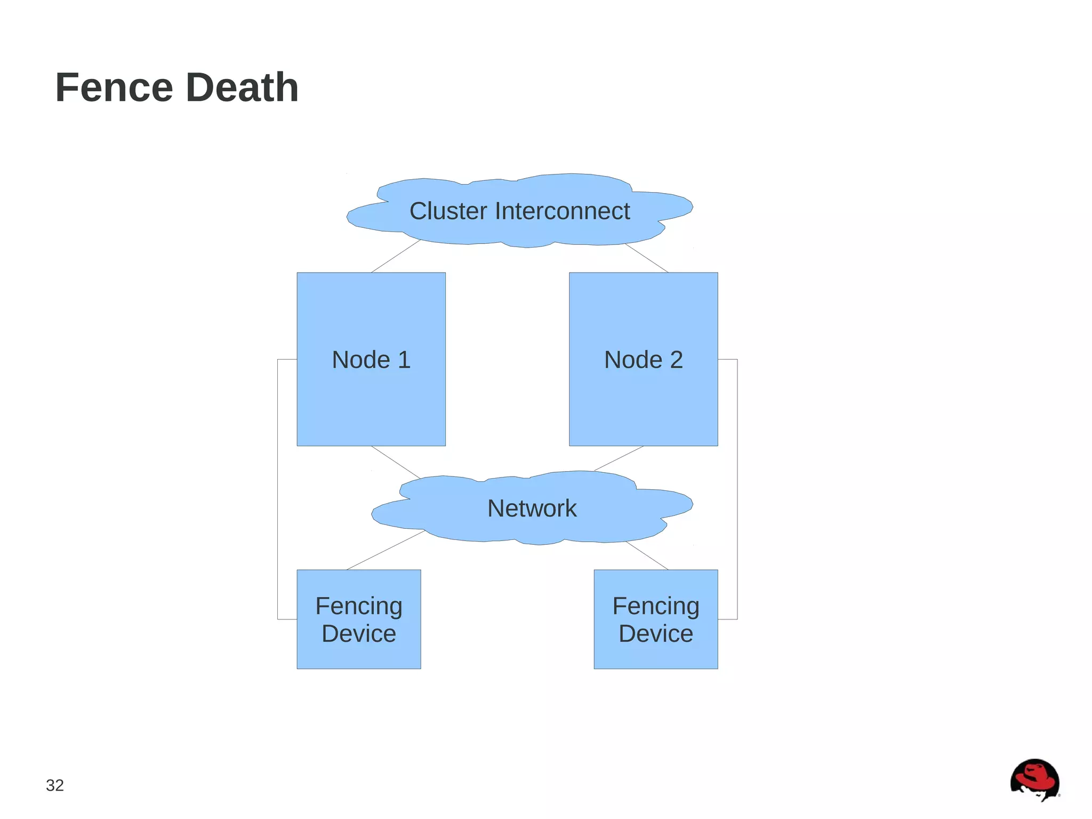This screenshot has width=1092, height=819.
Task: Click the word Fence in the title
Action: click(x=114, y=88)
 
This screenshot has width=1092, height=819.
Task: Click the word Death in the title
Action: click(x=243, y=88)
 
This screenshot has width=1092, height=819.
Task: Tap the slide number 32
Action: click(x=55, y=785)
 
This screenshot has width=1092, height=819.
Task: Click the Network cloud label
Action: click(x=532, y=508)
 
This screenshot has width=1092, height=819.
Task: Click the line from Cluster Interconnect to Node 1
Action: click(x=396, y=256)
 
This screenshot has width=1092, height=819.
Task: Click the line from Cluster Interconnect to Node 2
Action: click(x=646, y=258)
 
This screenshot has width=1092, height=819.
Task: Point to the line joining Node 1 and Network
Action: click(x=395, y=462)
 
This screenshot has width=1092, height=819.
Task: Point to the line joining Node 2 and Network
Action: click(x=619, y=458)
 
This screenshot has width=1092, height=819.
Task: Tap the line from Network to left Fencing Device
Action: click(x=386, y=550)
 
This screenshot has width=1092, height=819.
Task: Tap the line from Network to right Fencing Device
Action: click(x=647, y=555)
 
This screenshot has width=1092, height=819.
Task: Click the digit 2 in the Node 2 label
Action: click(x=676, y=360)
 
